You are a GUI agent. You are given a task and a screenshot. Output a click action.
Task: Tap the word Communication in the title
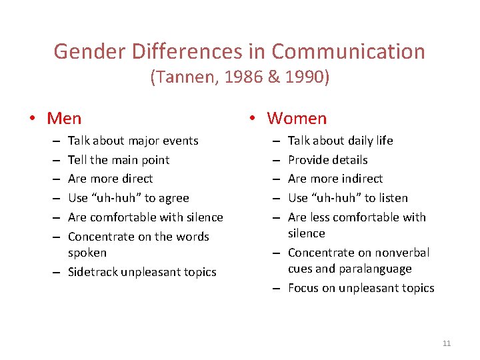point(348,51)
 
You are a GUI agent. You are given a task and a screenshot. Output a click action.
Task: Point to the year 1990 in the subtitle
point(304,78)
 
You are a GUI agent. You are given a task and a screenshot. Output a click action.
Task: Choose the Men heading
point(64,119)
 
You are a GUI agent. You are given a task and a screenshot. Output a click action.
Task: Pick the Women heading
point(297,119)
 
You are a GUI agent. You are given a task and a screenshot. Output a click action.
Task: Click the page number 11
point(447,343)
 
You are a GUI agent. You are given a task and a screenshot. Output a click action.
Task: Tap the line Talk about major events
point(133,141)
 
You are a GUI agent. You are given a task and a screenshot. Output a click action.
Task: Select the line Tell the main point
point(119,160)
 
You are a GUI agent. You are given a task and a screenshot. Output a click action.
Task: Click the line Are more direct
point(110,179)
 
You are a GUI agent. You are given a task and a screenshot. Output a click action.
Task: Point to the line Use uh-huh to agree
point(129,198)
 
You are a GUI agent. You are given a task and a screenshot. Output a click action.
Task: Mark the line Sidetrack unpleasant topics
point(142,272)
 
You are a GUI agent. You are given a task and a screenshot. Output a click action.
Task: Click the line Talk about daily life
point(340,141)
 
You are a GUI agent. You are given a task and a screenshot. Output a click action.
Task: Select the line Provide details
point(327,160)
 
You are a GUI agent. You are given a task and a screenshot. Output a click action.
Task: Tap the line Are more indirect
point(335,179)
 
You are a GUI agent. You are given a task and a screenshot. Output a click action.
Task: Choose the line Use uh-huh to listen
point(347,198)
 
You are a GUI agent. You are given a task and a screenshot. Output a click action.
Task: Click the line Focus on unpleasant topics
point(361,288)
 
